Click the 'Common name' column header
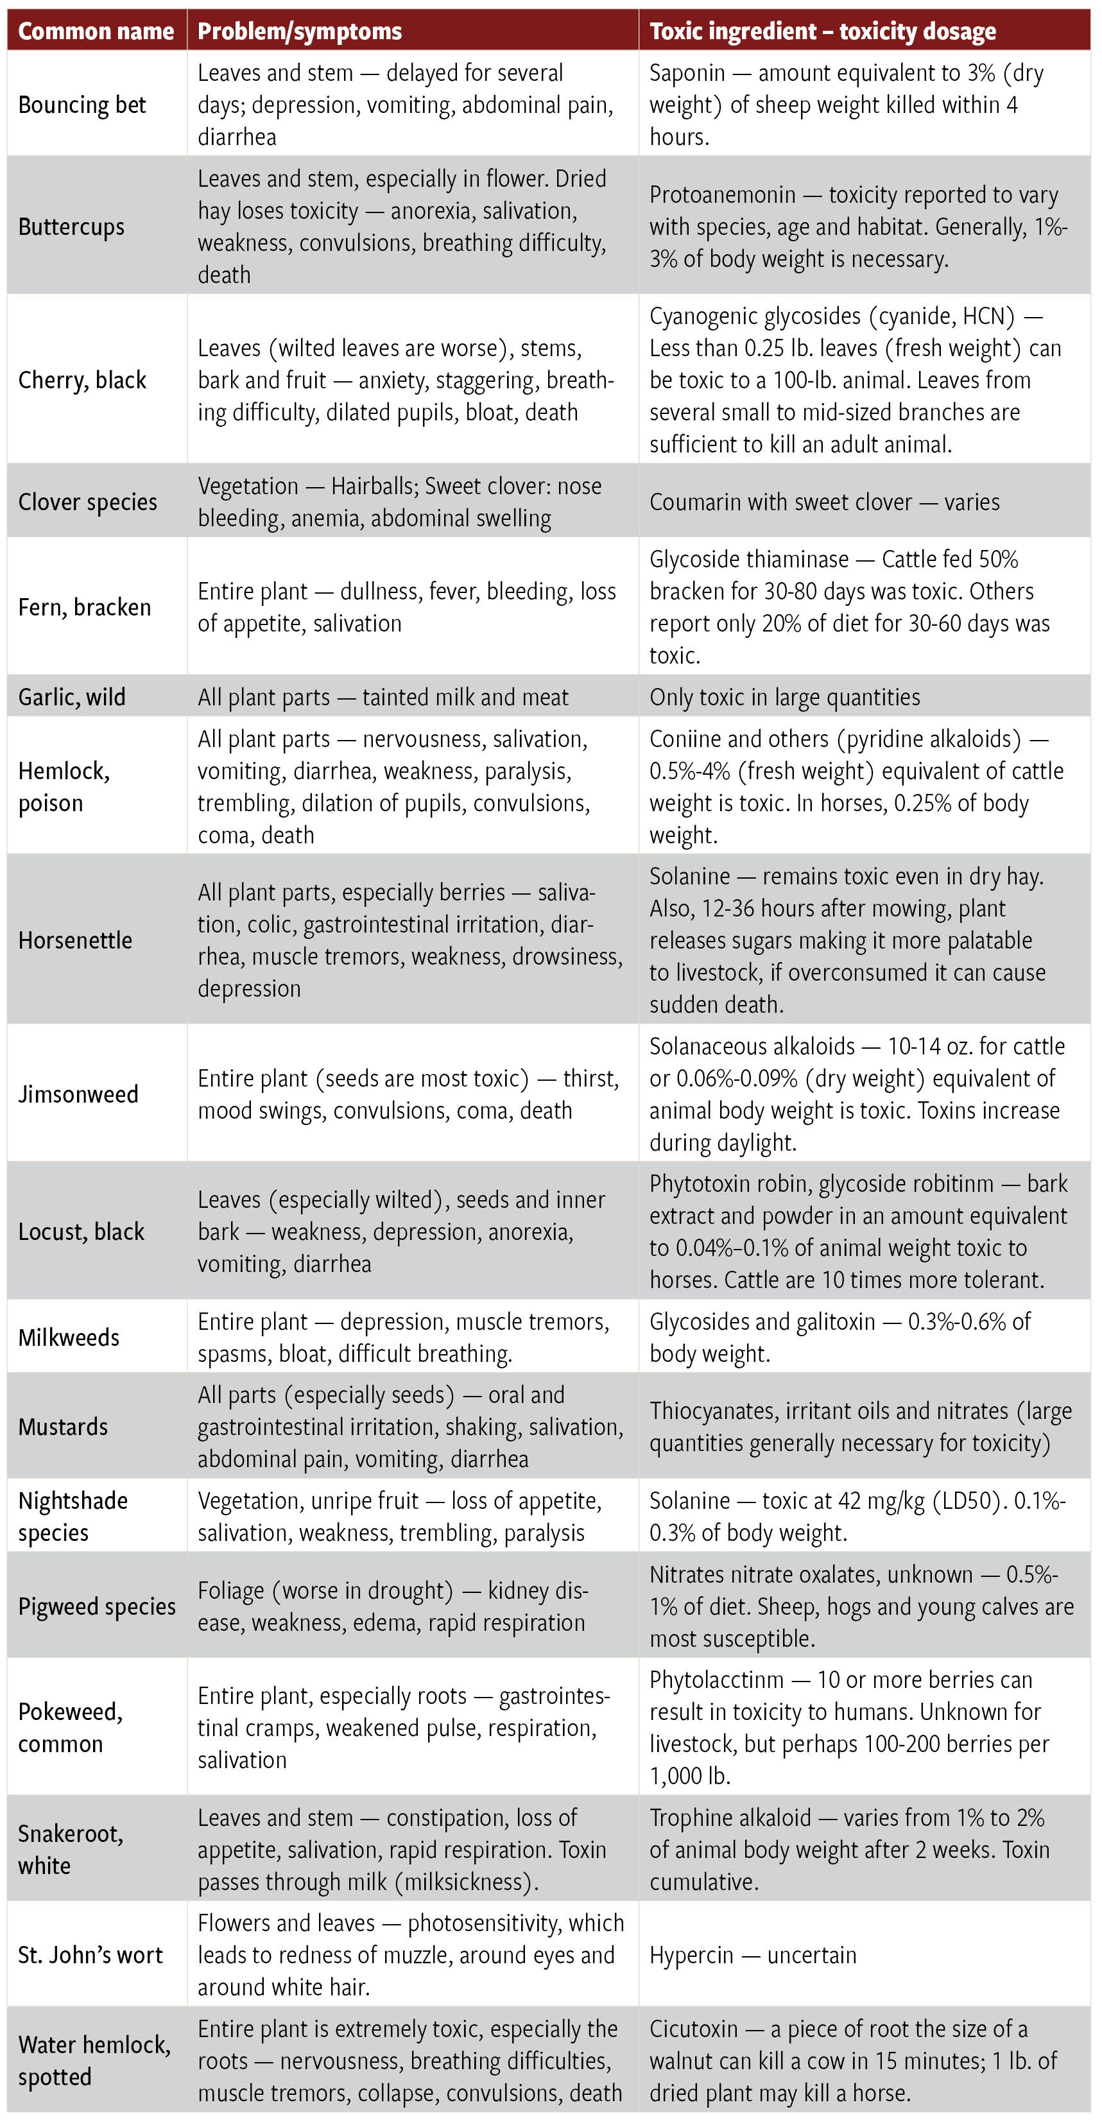96,31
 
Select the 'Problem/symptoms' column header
300,31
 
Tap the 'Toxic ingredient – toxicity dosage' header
822,31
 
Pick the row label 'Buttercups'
71,227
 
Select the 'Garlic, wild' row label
72,698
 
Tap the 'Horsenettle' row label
75,940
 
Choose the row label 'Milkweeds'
69,1338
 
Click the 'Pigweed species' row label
96,1607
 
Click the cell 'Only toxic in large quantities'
784,698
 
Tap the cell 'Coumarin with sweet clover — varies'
824,503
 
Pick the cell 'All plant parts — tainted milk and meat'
383,698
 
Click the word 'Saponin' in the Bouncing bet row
687,73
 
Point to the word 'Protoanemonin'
723,194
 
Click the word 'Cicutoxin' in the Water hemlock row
694,2029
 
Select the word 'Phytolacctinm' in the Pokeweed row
716,1680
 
